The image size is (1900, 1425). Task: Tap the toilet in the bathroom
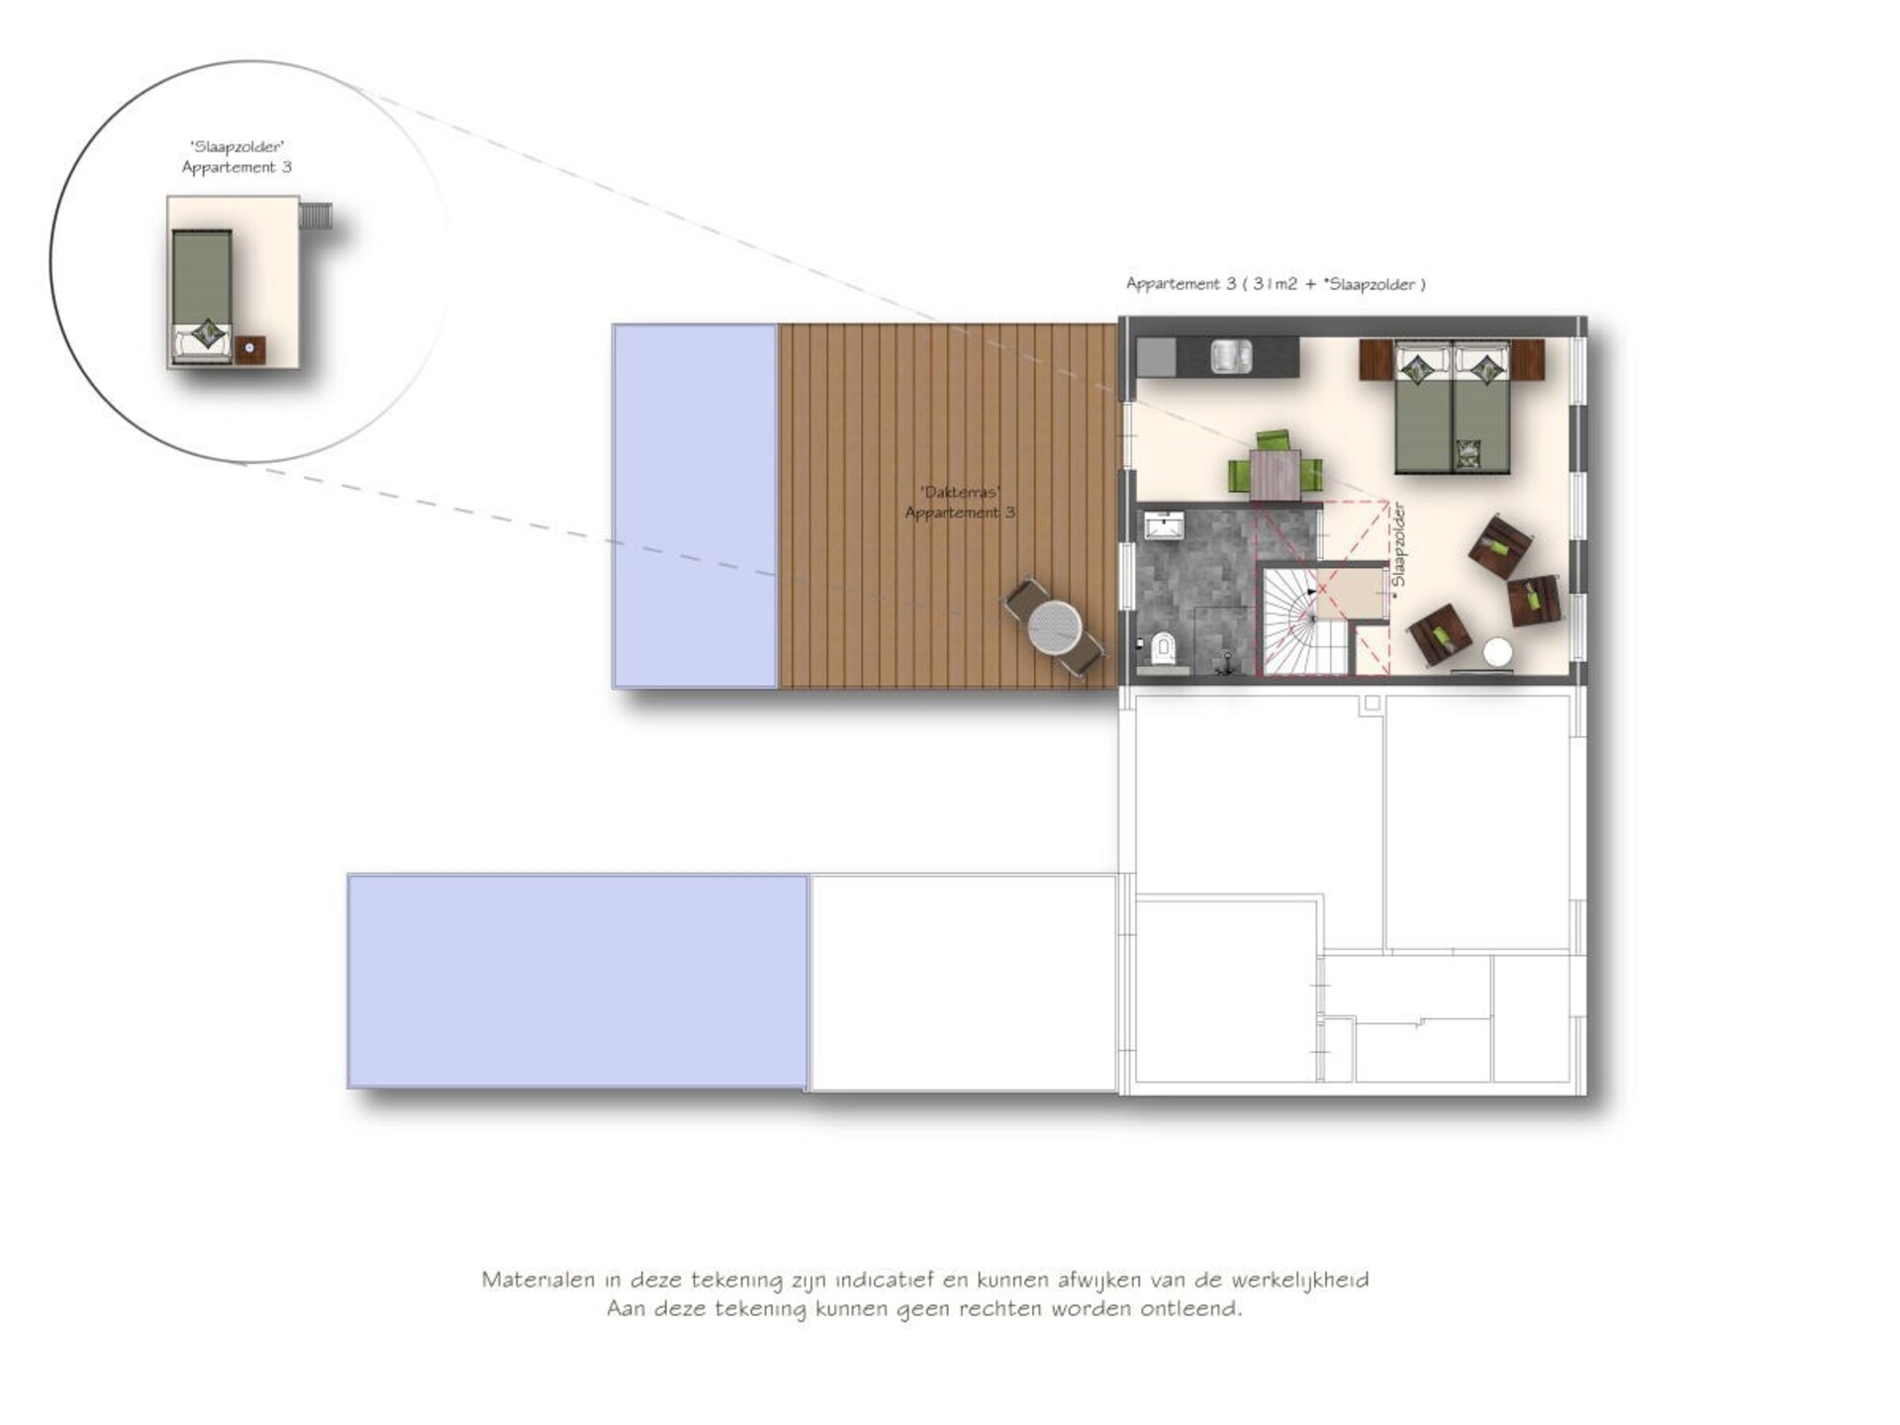(x=1162, y=648)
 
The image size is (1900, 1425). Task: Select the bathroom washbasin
(x=1165, y=524)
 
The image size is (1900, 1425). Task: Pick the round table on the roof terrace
(x=1055, y=626)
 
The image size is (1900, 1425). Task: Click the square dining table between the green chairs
(x=1275, y=474)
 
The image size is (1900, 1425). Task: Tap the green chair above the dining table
(x=1274, y=441)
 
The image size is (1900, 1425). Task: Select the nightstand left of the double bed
(x=1377, y=360)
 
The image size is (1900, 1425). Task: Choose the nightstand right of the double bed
(x=1528, y=360)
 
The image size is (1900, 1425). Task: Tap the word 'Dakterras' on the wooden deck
(x=960, y=492)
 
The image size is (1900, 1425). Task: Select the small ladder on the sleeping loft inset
(x=317, y=216)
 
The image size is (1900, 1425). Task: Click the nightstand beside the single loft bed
(x=250, y=348)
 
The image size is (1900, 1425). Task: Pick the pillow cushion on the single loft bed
(x=207, y=332)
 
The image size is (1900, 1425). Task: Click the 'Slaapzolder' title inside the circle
(x=237, y=147)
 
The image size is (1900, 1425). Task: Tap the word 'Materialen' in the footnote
(x=539, y=1280)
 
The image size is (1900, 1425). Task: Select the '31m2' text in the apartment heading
(x=1275, y=284)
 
